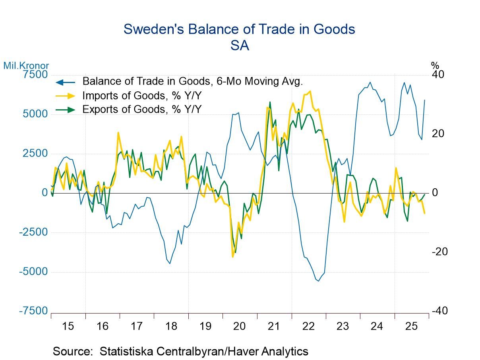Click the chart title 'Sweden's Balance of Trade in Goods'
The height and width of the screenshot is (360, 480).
click(239, 29)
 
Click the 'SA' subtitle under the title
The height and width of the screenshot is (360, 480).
click(239, 46)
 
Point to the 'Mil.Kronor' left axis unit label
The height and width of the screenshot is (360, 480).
click(26, 66)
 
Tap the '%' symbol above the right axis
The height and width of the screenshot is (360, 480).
click(435, 66)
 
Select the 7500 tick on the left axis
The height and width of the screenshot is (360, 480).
click(35, 75)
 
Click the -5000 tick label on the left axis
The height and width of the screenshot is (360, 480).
click(33, 272)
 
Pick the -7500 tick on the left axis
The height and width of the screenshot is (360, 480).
click(33, 311)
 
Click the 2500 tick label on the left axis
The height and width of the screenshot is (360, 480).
click(35, 153)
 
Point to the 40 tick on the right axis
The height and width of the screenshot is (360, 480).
click(439, 75)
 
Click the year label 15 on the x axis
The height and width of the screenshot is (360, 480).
click(68, 326)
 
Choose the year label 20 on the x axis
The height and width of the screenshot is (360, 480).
click(239, 326)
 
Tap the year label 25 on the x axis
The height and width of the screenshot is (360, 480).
click(411, 326)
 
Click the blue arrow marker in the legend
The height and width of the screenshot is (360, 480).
click(65, 82)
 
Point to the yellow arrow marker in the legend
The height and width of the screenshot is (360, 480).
click(65, 96)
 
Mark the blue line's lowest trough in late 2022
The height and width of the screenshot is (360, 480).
click(318, 281)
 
